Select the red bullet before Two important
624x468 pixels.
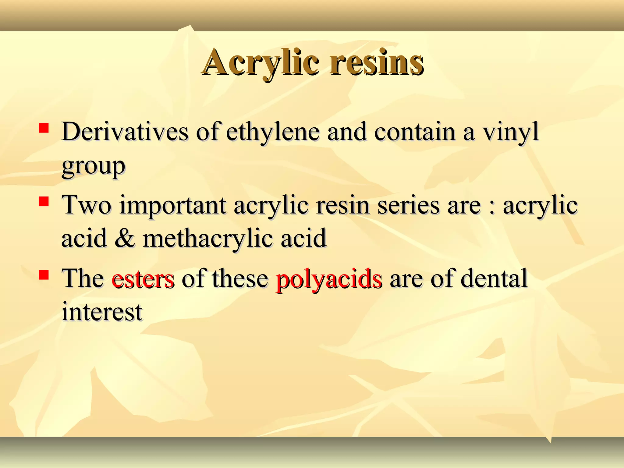point(44,201)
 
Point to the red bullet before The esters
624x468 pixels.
point(44,275)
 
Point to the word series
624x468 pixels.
point(408,205)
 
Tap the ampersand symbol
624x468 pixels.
point(125,238)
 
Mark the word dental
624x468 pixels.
point(494,278)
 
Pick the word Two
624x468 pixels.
point(87,205)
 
